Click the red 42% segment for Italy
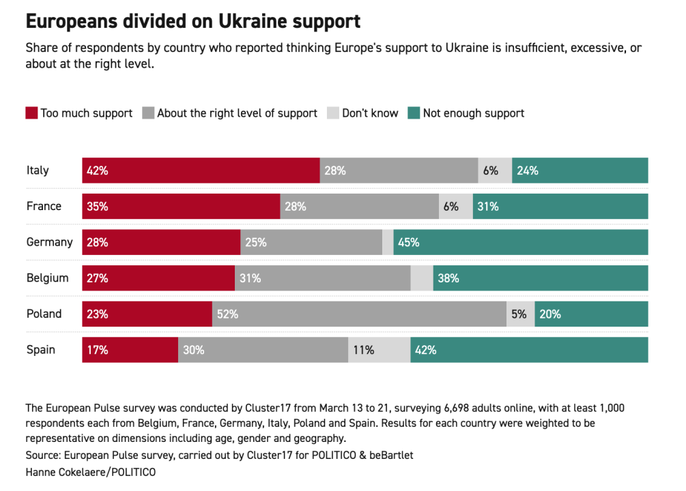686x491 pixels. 201,170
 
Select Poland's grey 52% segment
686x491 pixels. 359,314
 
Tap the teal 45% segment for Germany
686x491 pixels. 520,242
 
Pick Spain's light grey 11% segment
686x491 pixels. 379,350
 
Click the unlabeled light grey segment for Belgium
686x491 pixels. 422,278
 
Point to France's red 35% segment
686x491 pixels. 181,207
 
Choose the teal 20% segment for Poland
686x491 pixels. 591,314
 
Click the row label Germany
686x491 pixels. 49,242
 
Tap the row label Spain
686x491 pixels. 41,350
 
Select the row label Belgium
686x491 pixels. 48,278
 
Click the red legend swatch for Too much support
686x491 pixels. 31,113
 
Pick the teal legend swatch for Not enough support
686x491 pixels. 414,113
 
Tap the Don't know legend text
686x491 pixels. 370,113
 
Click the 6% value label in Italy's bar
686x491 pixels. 491,170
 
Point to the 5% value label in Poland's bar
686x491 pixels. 519,314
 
